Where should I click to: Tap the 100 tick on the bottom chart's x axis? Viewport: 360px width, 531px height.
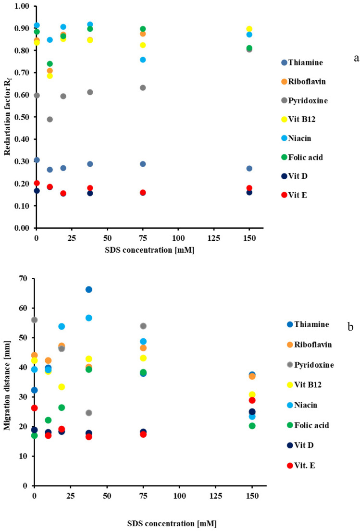point(179,495)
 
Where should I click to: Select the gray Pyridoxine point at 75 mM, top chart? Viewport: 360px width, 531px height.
point(143,88)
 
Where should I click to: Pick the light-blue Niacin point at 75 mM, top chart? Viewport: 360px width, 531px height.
point(143,60)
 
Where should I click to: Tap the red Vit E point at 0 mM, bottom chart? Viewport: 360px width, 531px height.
point(34,408)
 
